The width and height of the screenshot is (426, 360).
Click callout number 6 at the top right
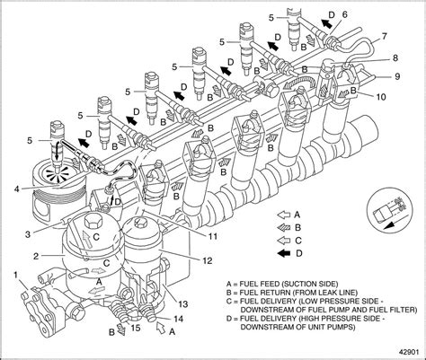343,13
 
